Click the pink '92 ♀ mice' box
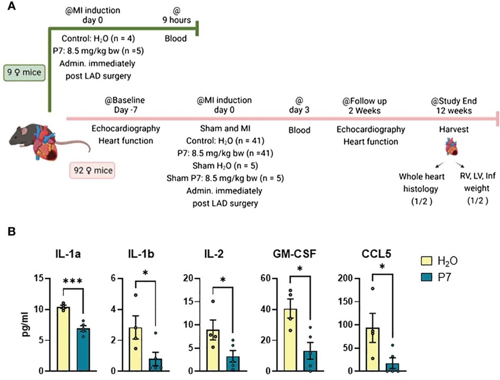click(92, 170)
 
